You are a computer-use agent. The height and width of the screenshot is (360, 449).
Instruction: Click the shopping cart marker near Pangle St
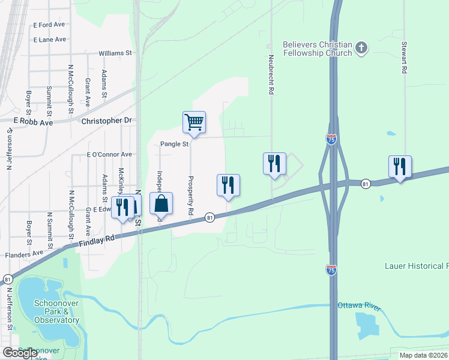point(194,122)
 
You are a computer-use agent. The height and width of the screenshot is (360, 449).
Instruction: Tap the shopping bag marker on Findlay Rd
point(161,204)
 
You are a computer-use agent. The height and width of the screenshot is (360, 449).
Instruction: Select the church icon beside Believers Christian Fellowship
point(361,47)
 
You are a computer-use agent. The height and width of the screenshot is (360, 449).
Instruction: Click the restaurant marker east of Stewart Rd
point(400,166)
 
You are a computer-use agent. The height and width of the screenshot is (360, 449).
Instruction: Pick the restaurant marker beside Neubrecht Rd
point(274,163)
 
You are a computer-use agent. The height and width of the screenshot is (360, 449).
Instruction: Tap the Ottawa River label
point(359,306)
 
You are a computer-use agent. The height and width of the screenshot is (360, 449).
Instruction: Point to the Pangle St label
point(174,144)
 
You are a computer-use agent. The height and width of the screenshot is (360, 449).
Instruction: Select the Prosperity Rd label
point(190,196)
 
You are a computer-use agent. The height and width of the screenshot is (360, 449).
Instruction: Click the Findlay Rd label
point(96,241)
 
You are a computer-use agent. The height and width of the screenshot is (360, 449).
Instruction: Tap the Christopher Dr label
point(106,121)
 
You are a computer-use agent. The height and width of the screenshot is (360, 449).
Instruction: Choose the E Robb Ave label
point(34,121)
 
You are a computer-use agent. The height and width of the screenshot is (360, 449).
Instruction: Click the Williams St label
point(115,53)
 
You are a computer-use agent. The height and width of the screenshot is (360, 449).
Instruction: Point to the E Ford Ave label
point(49,25)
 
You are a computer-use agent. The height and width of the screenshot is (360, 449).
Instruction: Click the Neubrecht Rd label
point(271,77)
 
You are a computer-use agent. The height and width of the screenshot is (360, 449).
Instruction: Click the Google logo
point(20,353)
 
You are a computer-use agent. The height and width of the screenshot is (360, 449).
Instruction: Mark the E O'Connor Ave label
point(109,155)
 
